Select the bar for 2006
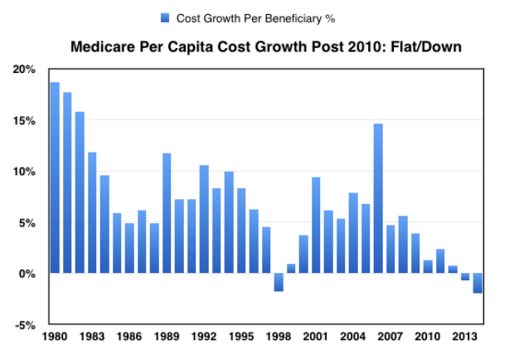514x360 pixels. (x=378, y=198)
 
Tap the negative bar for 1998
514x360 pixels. (x=279, y=282)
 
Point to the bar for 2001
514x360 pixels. (x=316, y=225)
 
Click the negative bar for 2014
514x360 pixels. (x=478, y=283)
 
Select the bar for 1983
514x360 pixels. (x=92, y=212)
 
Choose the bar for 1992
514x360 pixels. (x=204, y=219)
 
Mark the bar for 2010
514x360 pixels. (x=428, y=266)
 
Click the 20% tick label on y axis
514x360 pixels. (x=24, y=70)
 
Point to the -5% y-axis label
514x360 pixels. (x=25, y=324)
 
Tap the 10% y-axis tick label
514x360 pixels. (x=24, y=172)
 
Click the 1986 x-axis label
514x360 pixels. (x=129, y=337)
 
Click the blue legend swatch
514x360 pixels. (x=164, y=17)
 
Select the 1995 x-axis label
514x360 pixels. (x=241, y=337)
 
